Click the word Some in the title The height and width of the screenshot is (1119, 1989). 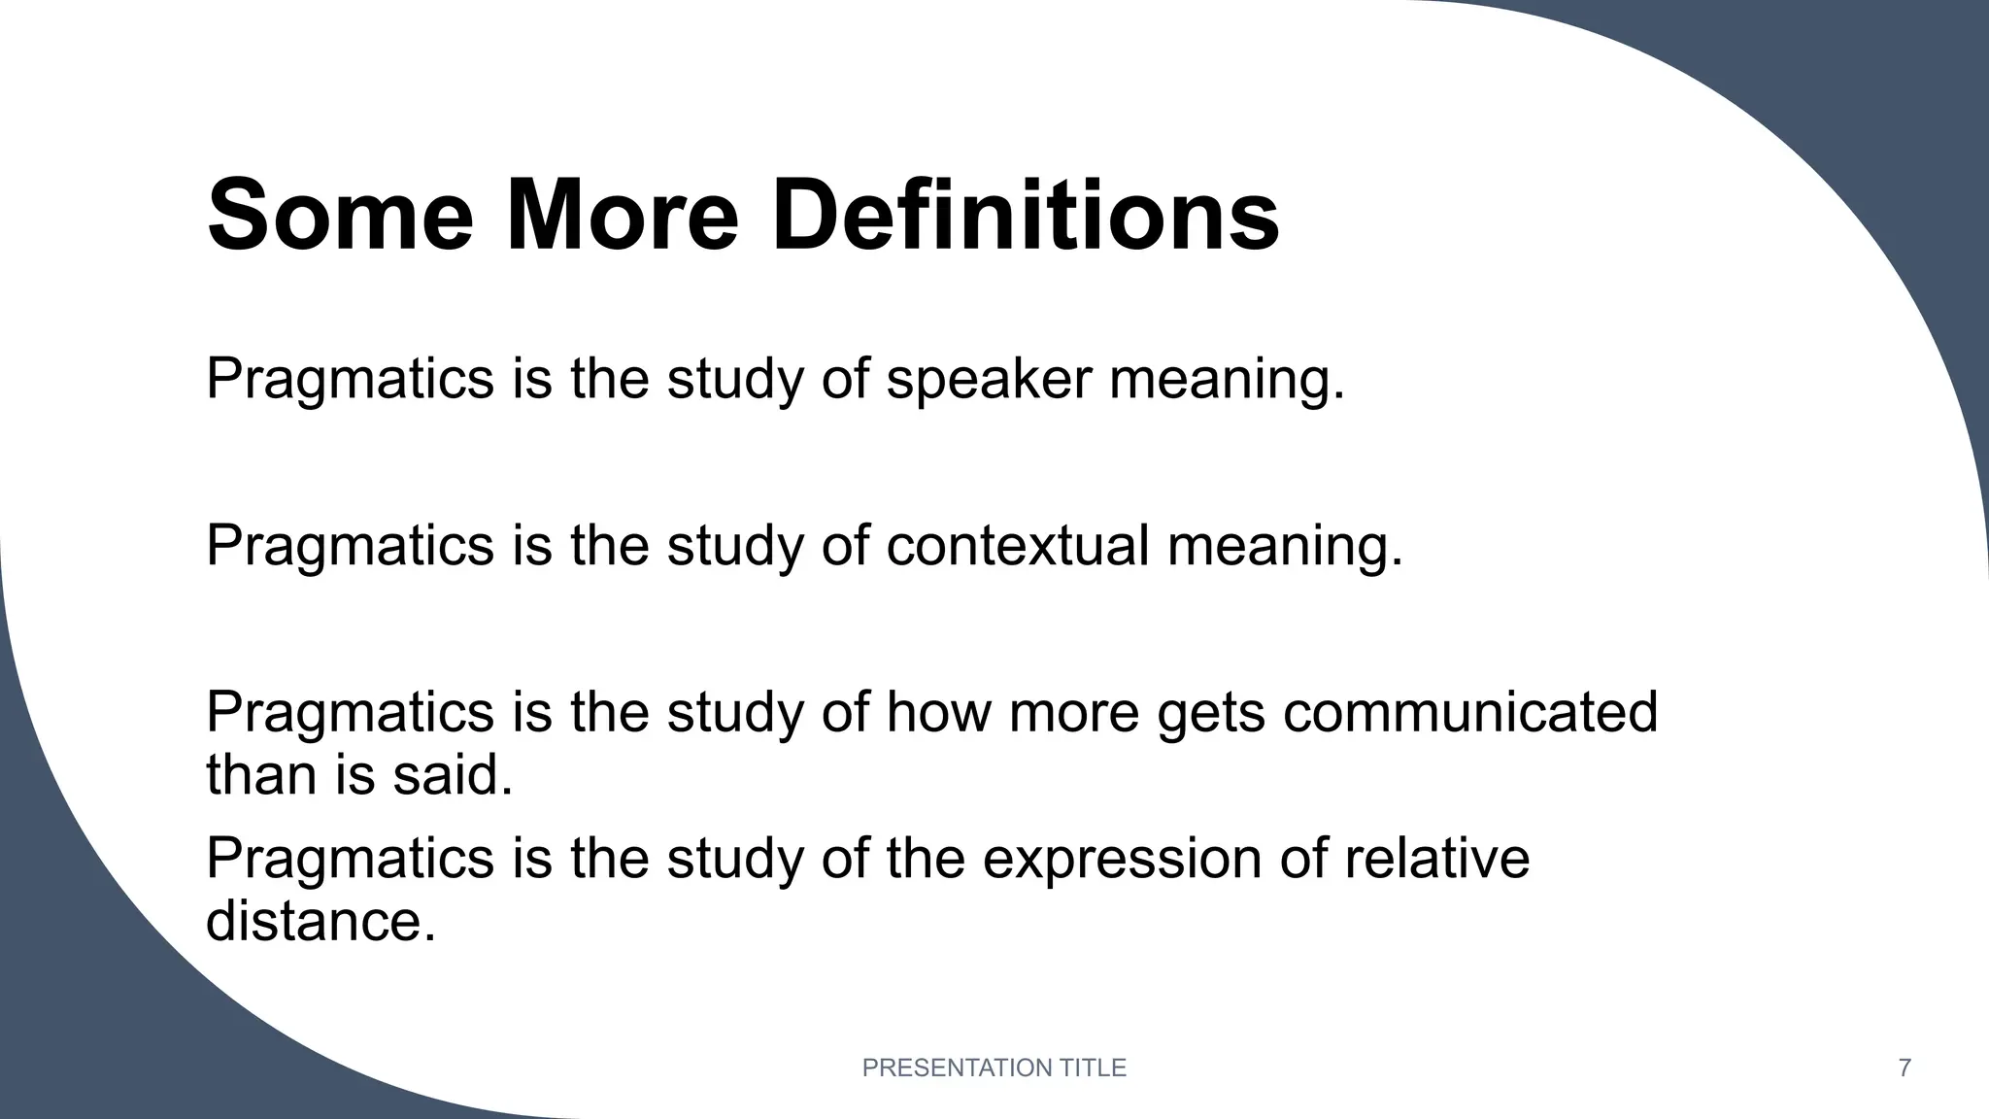340,215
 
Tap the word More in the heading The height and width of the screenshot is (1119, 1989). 623,215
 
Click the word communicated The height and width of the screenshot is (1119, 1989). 1469,712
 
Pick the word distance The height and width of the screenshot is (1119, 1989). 320,920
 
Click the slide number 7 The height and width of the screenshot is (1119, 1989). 1905,1068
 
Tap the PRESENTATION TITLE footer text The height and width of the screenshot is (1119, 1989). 994,1068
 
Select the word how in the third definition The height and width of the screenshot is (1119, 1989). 938,712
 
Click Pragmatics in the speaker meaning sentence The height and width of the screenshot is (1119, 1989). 350,380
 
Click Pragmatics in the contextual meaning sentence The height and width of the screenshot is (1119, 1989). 350,546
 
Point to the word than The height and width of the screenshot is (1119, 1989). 261,775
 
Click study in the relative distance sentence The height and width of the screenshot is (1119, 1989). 735,860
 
